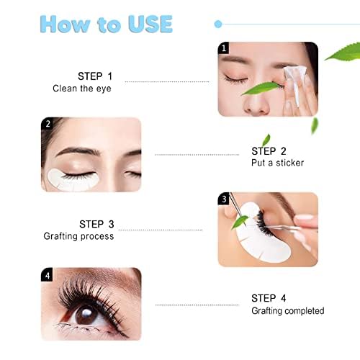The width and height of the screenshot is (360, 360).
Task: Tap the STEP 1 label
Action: (95, 76)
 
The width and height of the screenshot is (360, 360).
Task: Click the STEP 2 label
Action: (269, 151)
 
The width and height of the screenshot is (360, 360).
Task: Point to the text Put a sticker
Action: (277, 163)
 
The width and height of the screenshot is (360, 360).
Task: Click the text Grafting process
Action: (78, 236)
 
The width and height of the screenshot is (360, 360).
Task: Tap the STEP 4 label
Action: (269, 297)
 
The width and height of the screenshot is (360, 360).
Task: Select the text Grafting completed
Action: (287, 311)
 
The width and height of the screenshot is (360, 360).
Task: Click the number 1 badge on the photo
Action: (224, 48)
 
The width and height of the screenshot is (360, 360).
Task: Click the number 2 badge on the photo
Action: (48, 124)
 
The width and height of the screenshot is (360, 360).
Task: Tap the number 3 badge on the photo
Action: (224, 199)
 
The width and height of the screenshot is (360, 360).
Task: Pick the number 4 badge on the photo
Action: (48, 274)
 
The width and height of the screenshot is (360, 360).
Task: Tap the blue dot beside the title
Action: (217, 24)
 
